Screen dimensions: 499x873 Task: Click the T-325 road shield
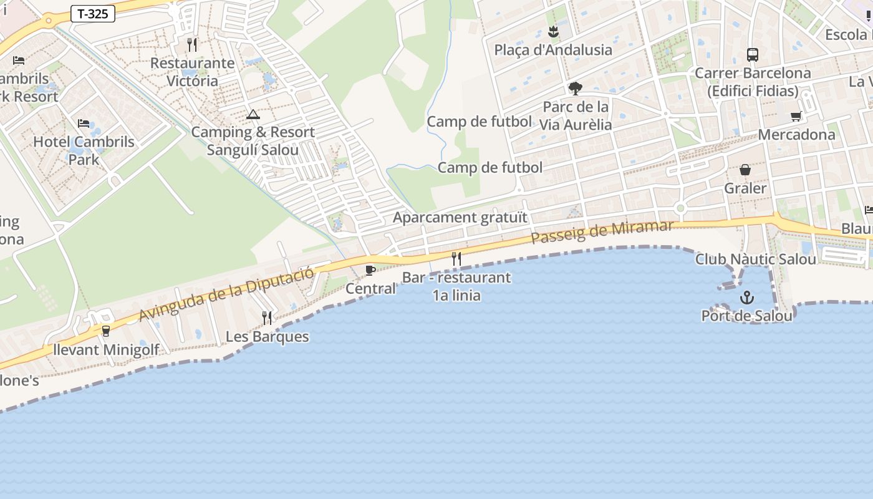pyautogui.click(x=93, y=14)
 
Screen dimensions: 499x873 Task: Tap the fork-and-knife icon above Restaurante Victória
pyautogui.click(x=192, y=45)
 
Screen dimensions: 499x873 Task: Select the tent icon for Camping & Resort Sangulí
pyautogui.click(x=253, y=114)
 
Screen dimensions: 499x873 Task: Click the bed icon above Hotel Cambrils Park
pyautogui.click(x=84, y=124)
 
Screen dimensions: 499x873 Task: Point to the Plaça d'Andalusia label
pyautogui.click(x=553, y=50)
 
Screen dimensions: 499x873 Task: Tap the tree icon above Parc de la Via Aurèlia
pyautogui.click(x=575, y=88)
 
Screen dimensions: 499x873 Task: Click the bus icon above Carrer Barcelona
pyautogui.click(x=753, y=55)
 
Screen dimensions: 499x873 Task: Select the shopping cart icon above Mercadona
pyautogui.click(x=796, y=117)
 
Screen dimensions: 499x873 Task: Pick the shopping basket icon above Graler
pyautogui.click(x=745, y=170)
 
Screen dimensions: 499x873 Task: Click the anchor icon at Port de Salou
pyautogui.click(x=746, y=298)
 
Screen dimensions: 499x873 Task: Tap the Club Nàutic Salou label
pyautogui.click(x=756, y=259)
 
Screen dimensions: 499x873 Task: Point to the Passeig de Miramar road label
pyautogui.click(x=602, y=233)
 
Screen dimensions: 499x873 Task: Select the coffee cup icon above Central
pyautogui.click(x=370, y=270)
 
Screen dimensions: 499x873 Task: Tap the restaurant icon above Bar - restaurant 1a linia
pyautogui.click(x=456, y=259)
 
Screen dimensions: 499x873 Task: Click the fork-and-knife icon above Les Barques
pyautogui.click(x=267, y=318)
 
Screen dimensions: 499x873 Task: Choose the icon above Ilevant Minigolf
pyautogui.click(x=106, y=331)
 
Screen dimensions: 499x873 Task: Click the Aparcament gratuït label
pyautogui.click(x=460, y=218)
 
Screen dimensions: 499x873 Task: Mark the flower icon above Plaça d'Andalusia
pyautogui.click(x=553, y=32)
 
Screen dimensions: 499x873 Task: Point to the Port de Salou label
pyautogui.click(x=747, y=316)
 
